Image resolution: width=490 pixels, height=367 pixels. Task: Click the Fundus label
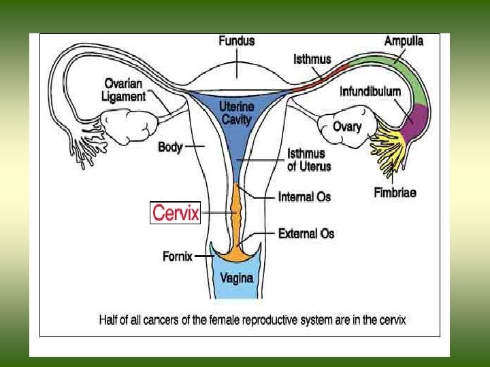(237, 41)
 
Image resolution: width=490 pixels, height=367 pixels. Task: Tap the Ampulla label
(404, 41)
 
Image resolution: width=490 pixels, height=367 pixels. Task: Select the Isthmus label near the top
(313, 59)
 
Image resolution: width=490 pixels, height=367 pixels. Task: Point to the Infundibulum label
(370, 91)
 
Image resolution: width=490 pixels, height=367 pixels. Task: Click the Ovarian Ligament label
(125, 90)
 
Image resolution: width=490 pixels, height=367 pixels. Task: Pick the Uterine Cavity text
(235, 113)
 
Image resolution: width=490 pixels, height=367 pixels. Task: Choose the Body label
(170, 146)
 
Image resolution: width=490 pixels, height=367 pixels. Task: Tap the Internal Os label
(304, 196)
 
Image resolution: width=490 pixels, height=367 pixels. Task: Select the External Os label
(306, 233)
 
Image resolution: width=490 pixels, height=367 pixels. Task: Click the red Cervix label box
(176, 213)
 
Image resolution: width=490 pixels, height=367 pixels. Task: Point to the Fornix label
(178, 256)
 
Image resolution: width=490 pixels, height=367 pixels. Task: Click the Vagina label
(237, 277)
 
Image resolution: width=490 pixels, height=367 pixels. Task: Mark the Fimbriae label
(395, 192)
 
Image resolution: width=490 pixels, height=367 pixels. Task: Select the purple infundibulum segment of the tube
(415, 119)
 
